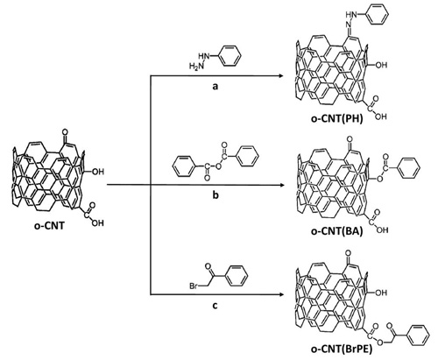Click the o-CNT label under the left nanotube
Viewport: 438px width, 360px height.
tap(49, 226)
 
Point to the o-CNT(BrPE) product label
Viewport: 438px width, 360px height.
tap(341, 349)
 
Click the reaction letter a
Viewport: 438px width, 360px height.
tap(215, 87)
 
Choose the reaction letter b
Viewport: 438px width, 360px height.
tap(215, 194)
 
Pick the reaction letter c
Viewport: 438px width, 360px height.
tap(215, 306)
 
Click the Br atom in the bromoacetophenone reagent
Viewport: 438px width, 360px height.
tap(194, 286)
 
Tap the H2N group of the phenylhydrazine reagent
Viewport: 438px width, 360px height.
tap(196, 67)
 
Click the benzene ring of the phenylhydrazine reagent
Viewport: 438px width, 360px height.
tap(230, 57)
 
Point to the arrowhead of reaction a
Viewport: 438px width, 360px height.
tap(281, 76)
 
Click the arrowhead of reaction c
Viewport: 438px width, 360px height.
tap(281, 294)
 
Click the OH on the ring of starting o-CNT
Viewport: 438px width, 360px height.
tap(98, 172)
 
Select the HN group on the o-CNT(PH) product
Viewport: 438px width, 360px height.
tap(350, 14)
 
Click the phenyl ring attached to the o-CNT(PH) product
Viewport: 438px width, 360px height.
tap(377, 14)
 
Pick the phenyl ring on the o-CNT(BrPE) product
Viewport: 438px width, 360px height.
tap(418, 335)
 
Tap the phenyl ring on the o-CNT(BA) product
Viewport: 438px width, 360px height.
tap(408, 168)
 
